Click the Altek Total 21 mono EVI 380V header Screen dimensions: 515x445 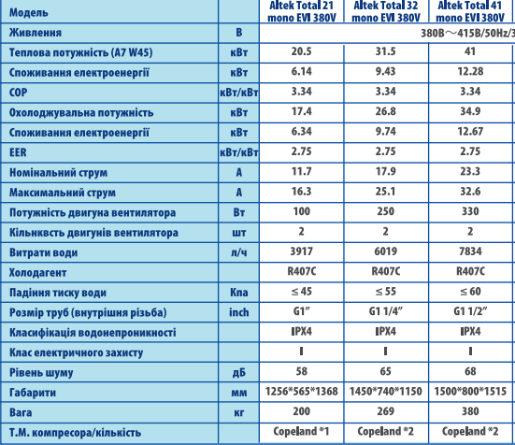pyautogui.click(x=302, y=11)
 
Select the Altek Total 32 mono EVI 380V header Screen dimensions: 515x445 pyautogui.click(x=386, y=11)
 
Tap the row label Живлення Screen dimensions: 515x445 pyautogui.click(x=36, y=33)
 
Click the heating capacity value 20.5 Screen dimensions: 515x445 pyautogui.click(x=301, y=51)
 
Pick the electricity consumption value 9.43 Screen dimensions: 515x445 pyautogui.click(x=386, y=72)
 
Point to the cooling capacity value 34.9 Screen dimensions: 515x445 pyautogui.click(x=470, y=111)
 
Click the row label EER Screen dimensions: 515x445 pyautogui.click(x=18, y=152)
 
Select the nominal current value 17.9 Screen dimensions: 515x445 pyautogui.click(x=386, y=171)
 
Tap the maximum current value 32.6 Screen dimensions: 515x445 pyautogui.click(x=470, y=192)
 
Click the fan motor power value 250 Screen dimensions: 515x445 pyautogui.click(x=386, y=211)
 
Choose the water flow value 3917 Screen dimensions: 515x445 pyautogui.click(x=301, y=251)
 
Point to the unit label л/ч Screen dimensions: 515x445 pyautogui.click(x=238, y=252)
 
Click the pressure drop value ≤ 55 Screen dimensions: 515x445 pyautogui.click(x=386, y=292)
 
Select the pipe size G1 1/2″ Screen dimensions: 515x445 pyautogui.click(x=470, y=311)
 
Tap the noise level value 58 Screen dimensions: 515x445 pyautogui.click(x=301, y=371)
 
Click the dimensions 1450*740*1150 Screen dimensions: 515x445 pyautogui.click(x=386, y=391)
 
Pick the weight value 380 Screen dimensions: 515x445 pyautogui.click(x=470, y=411)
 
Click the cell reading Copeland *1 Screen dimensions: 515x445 pyautogui.click(x=301, y=431)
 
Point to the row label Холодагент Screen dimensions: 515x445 pyautogui.click(x=37, y=273)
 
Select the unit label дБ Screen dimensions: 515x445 pyautogui.click(x=238, y=372)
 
